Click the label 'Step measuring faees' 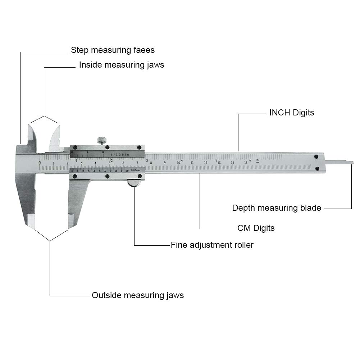113,50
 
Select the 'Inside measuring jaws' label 122,65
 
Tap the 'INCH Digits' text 291,113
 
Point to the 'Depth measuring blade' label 276,208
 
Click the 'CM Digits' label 256,228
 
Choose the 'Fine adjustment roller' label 212,245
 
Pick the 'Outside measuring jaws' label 137,295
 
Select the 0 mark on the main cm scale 40,163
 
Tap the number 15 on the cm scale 246,163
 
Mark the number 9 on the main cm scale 165,163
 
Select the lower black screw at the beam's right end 317,169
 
